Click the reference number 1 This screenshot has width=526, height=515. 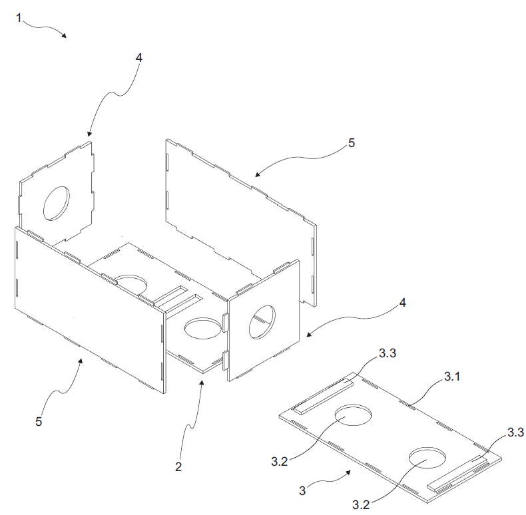[19, 18]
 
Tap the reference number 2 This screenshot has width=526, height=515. [178, 466]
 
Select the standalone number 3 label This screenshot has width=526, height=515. [302, 491]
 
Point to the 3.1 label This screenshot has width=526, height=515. [452, 377]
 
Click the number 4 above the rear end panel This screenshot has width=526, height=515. [139, 58]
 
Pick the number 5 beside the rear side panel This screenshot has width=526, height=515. [352, 143]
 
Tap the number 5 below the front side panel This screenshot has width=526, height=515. [39, 421]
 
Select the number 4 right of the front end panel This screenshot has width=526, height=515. [403, 303]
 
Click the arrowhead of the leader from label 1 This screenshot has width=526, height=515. [64, 35]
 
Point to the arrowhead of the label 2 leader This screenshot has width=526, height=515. [202, 383]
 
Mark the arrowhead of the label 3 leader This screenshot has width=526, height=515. [348, 472]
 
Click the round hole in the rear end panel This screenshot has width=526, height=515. [57, 204]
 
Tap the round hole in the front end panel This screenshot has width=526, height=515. [262, 322]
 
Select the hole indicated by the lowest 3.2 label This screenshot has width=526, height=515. [427, 457]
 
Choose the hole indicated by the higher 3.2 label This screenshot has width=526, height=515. [354, 415]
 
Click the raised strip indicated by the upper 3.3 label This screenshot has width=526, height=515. [324, 397]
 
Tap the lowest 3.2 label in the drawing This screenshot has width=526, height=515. [361, 504]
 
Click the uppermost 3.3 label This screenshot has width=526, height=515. [388, 353]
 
